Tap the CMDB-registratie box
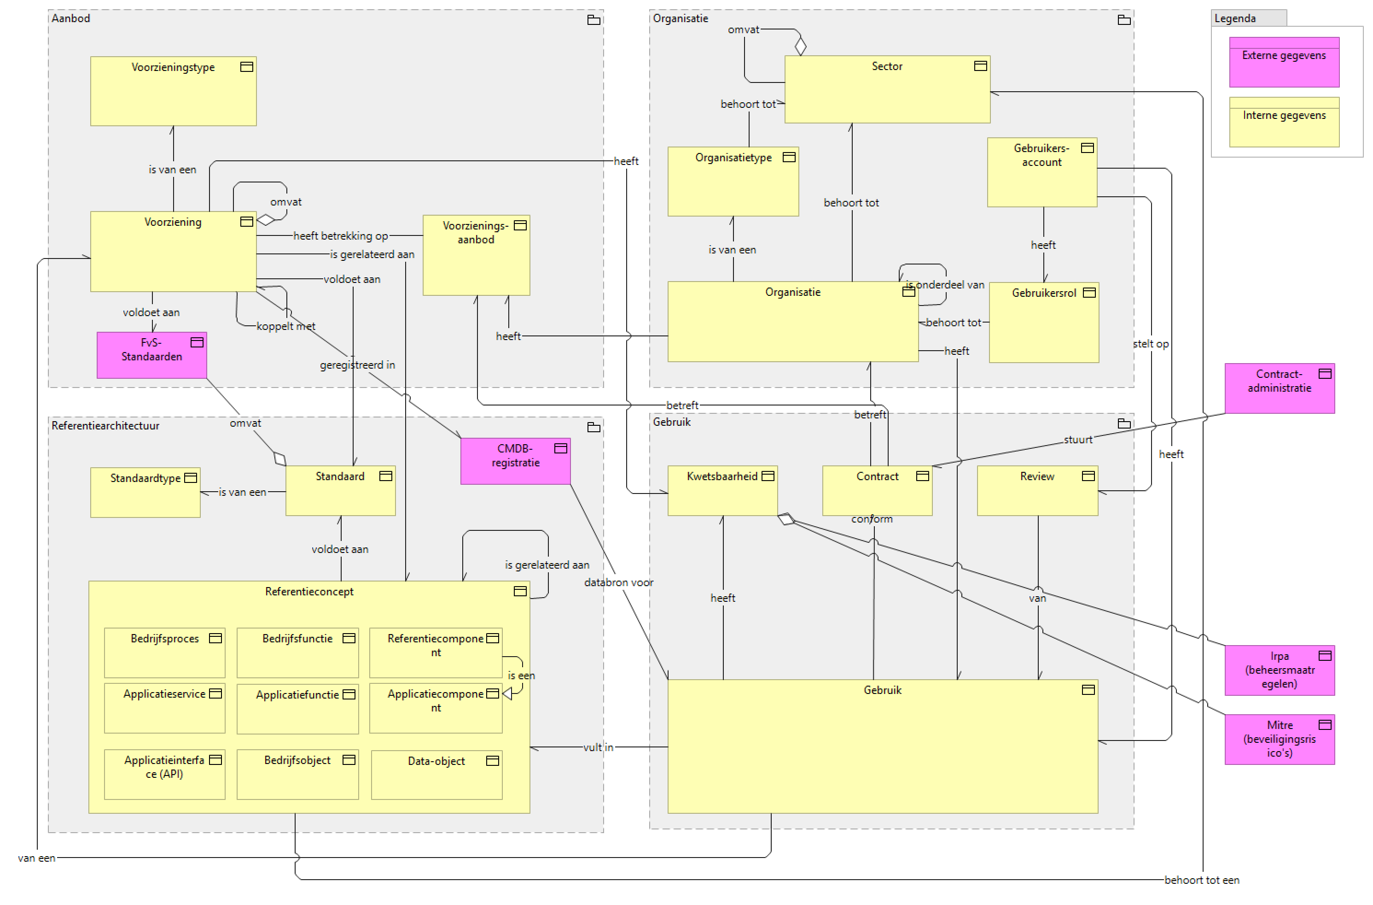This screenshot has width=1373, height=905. point(515,461)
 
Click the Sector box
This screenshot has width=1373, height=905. point(887,89)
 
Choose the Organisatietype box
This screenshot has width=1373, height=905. point(733,182)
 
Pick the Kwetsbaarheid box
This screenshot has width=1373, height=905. point(722,491)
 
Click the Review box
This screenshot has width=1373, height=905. point(1037,491)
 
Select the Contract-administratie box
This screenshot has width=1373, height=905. point(1279,388)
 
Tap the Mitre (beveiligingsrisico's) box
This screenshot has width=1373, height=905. point(1279,740)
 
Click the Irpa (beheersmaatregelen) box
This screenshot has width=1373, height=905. point(1279,670)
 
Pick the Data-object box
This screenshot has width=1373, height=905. point(436,775)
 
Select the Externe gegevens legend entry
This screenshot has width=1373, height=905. point(1284,62)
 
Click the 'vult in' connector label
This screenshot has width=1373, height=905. point(598,747)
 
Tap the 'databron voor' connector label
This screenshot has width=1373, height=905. point(618,582)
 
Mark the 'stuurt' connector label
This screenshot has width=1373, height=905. point(1077,440)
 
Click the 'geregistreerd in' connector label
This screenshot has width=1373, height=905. point(357,365)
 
